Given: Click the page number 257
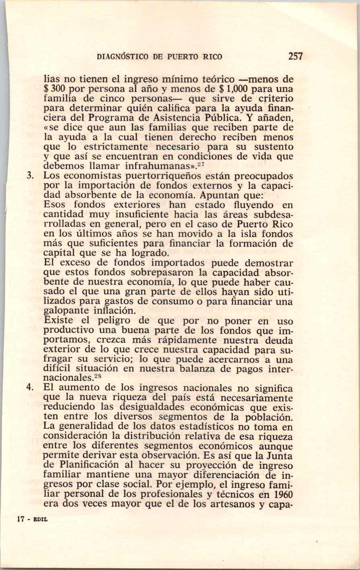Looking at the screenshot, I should pos(295,56).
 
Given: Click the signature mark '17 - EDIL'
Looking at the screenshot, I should pos(32,519).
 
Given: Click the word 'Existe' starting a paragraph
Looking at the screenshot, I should pos(56,321).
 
